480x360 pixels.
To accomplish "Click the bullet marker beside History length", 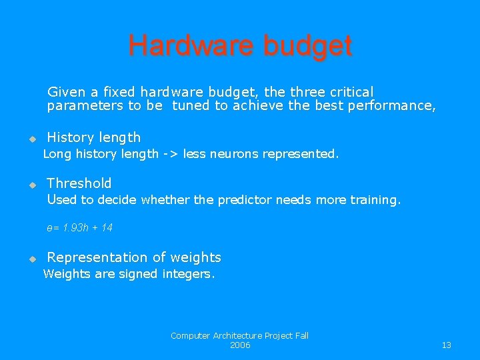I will click(x=31, y=139).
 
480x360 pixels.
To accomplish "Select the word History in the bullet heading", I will click(x=70, y=137).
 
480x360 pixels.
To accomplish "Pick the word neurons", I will click(x=234, y=154).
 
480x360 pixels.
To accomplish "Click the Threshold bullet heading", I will click(x=79, y=183).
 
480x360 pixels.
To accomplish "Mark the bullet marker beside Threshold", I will click(x=31, y=185).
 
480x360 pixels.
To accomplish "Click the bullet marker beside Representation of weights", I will click(x=31, y=259).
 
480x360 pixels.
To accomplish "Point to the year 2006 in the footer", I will click(x=240, y=345).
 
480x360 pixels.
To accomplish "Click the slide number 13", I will click(x=446, y=345).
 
